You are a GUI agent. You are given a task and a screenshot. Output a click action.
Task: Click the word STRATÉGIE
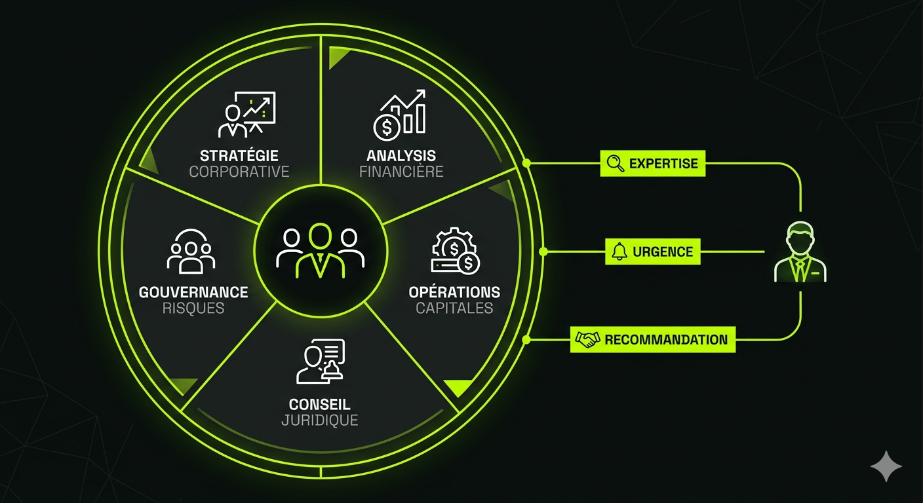click(x=239, y=156)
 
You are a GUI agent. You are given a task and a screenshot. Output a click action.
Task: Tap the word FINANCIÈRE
click(x=401, y=172)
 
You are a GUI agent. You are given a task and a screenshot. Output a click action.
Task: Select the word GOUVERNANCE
click(x=193, y=292)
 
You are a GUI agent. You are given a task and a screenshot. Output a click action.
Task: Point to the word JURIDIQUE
click(x=320, y=420)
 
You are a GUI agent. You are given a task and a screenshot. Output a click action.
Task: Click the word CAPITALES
click(x=454, y=308)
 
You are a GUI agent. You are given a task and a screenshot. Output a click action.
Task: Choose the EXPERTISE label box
click(x=653, y=164)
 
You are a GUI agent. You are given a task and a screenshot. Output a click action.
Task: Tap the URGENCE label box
click(x=652, y=251)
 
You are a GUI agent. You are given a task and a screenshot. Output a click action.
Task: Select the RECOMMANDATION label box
click(x=653, y=340)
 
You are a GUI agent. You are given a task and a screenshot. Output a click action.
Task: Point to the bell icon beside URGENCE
click(x=619, y=251)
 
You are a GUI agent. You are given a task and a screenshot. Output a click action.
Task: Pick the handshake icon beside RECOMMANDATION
click(x=587, y=340)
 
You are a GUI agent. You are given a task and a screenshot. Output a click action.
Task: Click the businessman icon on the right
click(x=800, y=253)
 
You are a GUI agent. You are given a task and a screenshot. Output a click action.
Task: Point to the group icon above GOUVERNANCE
click(x=191, y=251)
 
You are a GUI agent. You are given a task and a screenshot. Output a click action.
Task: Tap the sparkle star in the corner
click(x=886, y=466)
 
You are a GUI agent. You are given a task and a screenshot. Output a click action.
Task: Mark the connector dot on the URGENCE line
click(x=543, y=251)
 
